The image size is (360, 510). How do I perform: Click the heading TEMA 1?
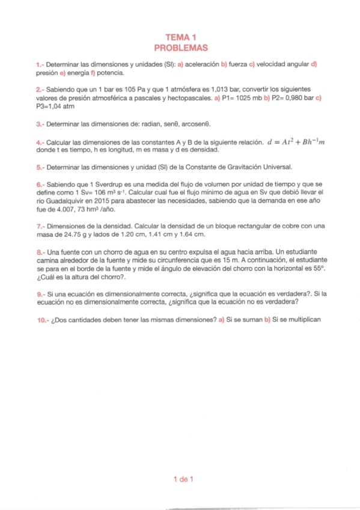point(180,37)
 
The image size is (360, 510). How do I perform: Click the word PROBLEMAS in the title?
point(180,47)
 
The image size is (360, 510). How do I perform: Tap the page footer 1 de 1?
point(180,479)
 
